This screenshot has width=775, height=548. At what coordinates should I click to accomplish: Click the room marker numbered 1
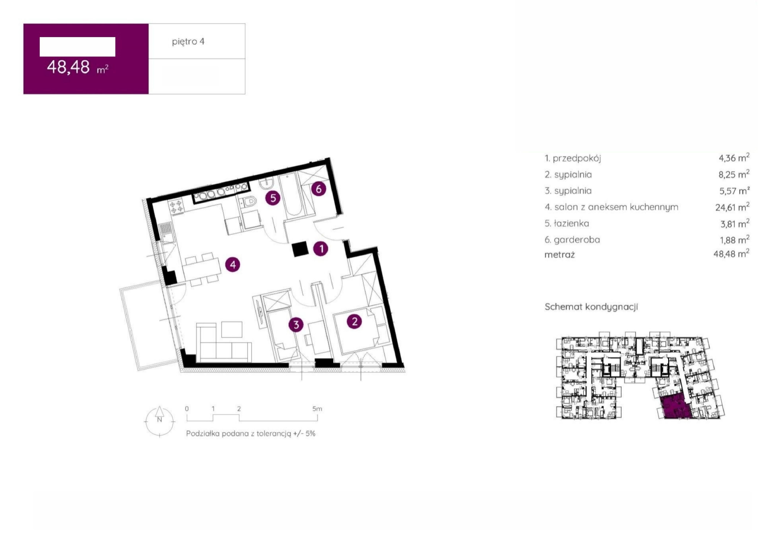pos(321,249)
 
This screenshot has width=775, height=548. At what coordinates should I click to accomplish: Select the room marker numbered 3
pos(296,325)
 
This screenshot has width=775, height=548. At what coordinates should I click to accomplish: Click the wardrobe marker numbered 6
pos(319,189)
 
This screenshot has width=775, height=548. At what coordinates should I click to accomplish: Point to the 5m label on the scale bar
pos(317,409)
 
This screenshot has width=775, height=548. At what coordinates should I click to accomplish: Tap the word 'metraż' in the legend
pos(559,255)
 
